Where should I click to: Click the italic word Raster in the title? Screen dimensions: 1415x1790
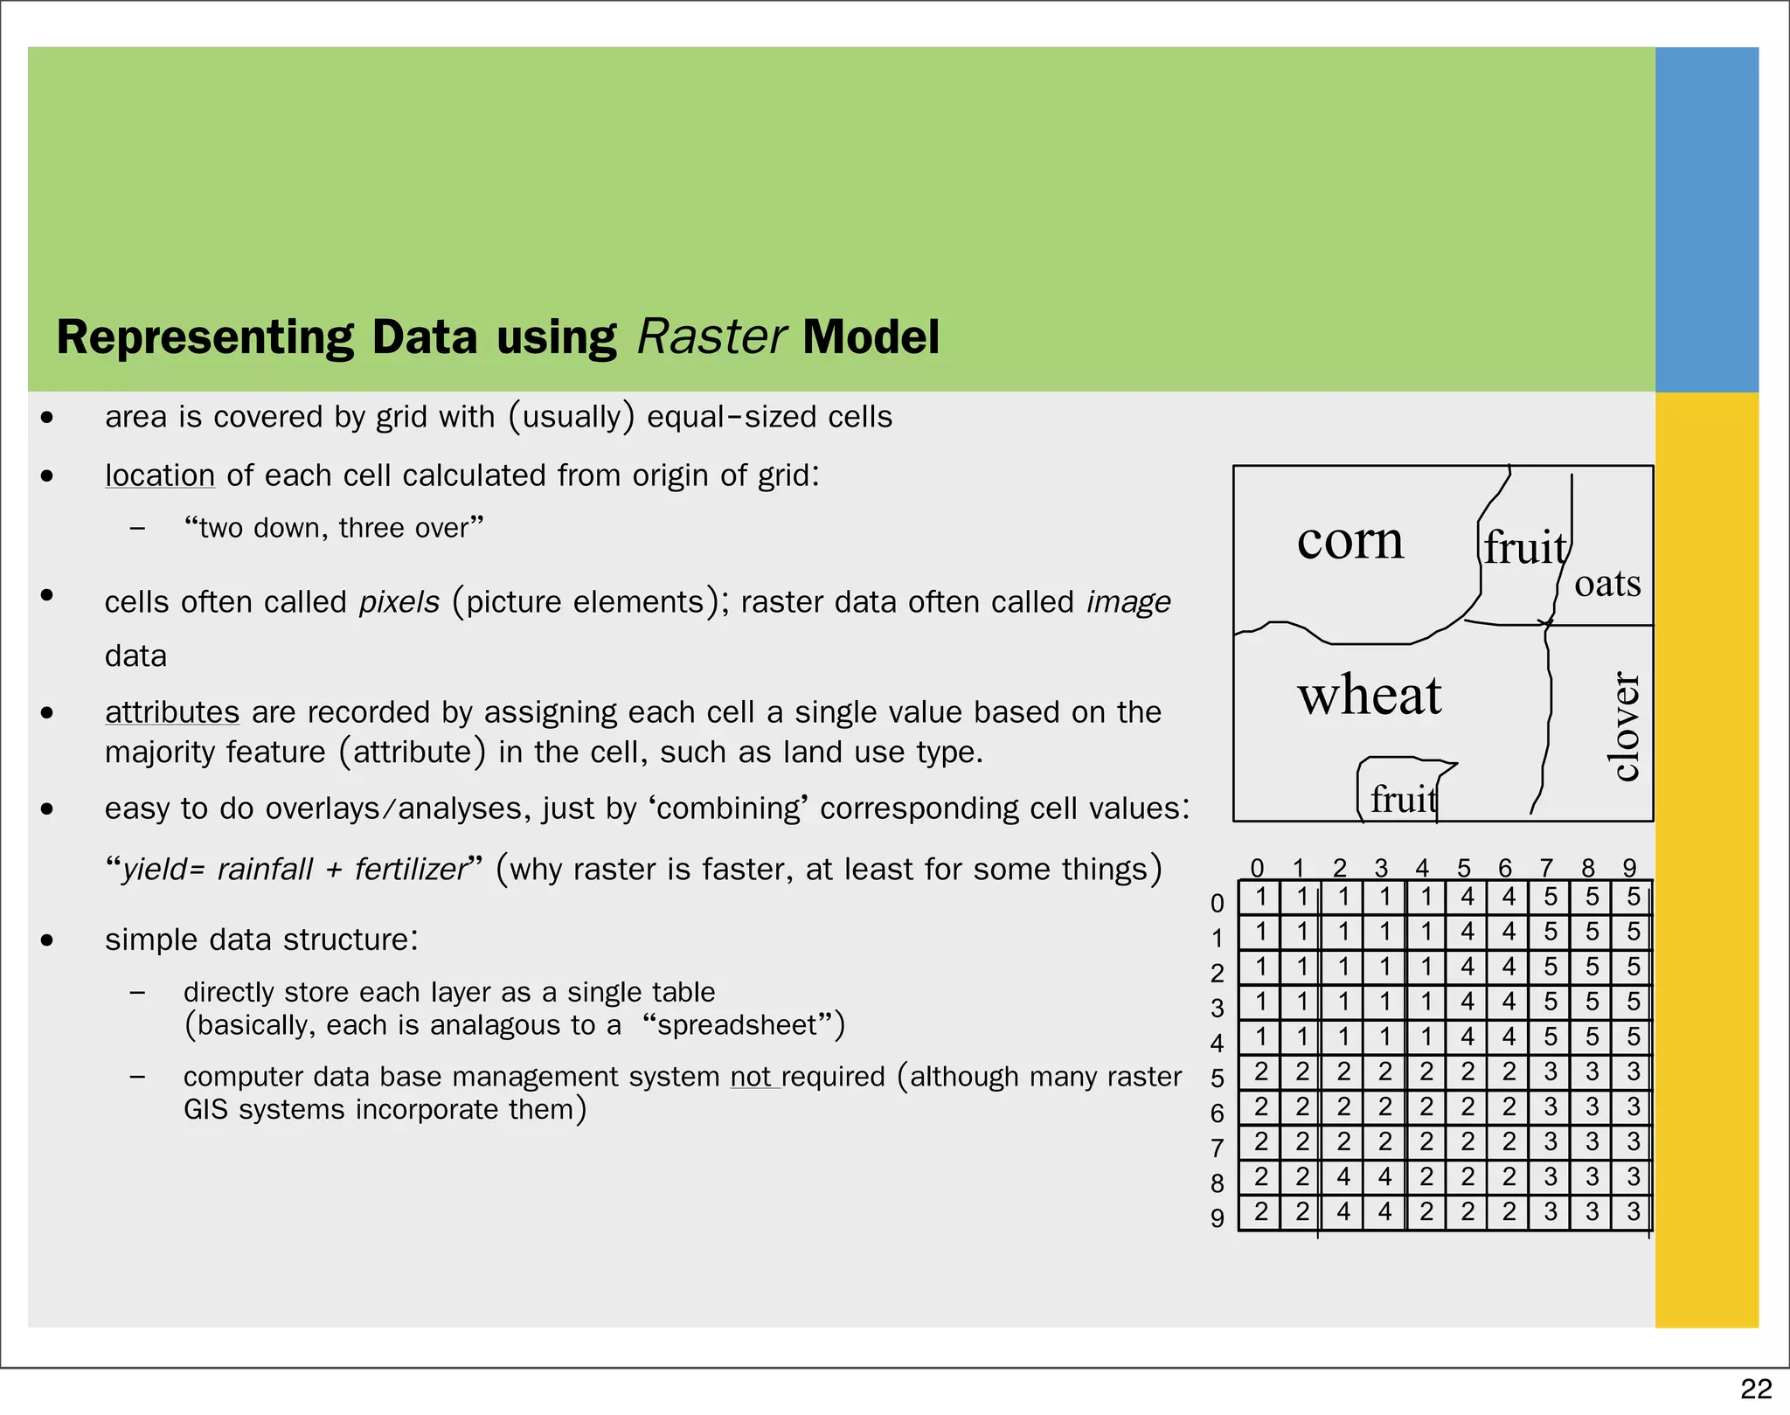711,337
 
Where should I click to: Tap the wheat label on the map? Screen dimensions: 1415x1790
1370,696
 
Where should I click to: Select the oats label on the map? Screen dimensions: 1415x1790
1607,584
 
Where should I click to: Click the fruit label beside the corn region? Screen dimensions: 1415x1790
1525,549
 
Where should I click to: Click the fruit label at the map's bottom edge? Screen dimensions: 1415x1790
1403,799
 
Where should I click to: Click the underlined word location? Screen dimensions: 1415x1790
160,475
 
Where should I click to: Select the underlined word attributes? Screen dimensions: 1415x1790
172,712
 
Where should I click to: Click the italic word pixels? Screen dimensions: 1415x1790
399,602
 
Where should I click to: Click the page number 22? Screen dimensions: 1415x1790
1756,1389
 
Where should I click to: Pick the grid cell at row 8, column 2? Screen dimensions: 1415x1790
1343,1177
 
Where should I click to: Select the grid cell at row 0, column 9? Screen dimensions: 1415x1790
1633,897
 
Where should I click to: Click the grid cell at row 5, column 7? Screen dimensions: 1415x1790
1550,1072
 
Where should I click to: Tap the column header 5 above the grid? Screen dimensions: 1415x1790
1464,868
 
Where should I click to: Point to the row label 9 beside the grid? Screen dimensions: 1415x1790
1218,1217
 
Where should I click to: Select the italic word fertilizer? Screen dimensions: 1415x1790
412,870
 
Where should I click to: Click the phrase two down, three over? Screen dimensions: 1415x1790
334,528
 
